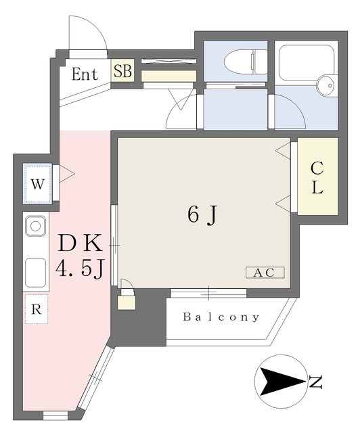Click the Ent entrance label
[x=85, y=74]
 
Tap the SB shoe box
[x=122, y=70]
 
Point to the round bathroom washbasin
[x=326, y=85]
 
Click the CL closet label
[x=317, y=178]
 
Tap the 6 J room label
[x=203, y=215]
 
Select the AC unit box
[x=265, y=273]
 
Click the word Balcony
[x=221, y=317]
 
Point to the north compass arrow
[x=281, y=382]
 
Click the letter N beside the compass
[x=315, y=382]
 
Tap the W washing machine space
[x=38, y=184]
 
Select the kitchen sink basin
[x=35, y=226]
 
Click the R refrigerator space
[x=36, y=309]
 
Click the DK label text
[x=80, y=243]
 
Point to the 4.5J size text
[x=80, y=269]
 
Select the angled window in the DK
[x=95, y=378]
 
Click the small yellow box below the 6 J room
[x=127, y=302]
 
